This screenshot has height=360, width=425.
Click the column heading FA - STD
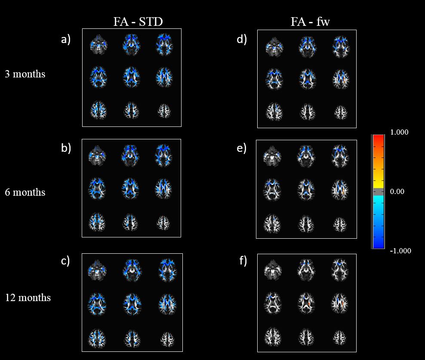(138, 22)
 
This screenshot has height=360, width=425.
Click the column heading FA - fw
(310, 22)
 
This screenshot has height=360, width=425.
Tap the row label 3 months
(25, 74)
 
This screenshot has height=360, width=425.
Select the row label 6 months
(25, 192)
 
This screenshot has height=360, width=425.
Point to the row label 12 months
(28, 298)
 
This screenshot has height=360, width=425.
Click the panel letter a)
(65, 40)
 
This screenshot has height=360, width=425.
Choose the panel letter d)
(242, 40)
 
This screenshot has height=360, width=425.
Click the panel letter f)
(243, 261)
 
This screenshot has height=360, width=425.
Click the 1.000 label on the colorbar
(399, 132)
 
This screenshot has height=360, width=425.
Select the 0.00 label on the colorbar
(397, 192)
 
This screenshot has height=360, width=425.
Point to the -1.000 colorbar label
(400, 251)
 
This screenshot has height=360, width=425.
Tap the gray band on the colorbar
(379, 191)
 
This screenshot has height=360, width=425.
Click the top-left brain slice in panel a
(99, 45)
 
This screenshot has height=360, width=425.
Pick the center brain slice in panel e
(306, 189)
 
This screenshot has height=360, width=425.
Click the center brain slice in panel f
(306, 303)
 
